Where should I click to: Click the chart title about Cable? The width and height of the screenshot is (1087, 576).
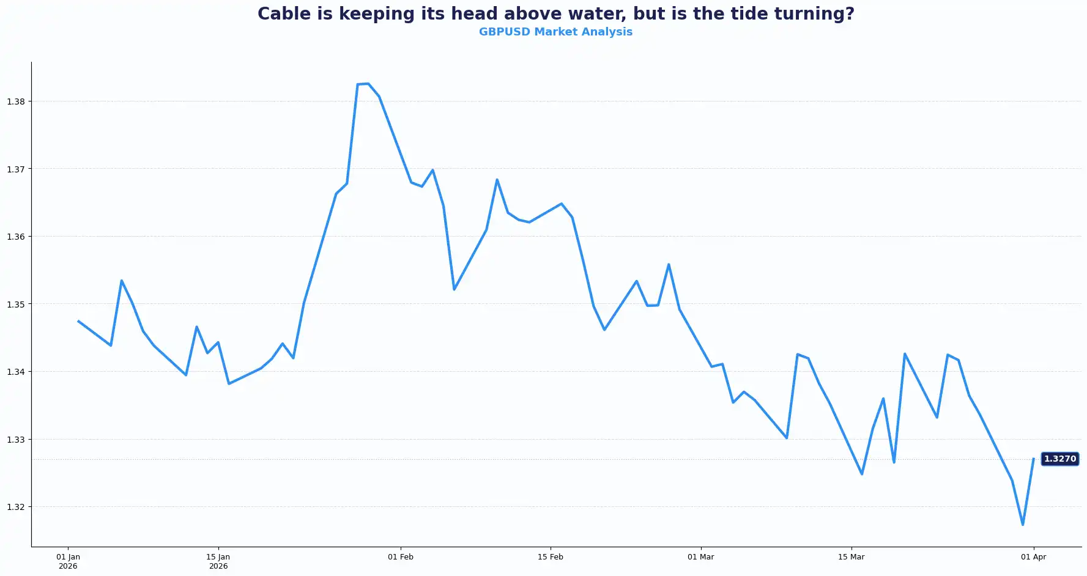pyautogui.click(x=555, y=13)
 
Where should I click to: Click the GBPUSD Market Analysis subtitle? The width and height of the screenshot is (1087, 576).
pyautogui.click(x=555, y=32)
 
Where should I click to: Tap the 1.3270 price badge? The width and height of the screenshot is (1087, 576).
pyautogui.click(x=1059, y=459)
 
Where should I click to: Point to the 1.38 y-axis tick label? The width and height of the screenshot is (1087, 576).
pyautogui.click(x=16, y=102)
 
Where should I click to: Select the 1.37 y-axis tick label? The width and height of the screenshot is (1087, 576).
pyautogui.click(x=16, y=169)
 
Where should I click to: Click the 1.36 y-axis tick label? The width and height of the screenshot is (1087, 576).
pyautogui.click(x=16, y=237)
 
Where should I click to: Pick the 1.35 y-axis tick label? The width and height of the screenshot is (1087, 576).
pyautogui.click(x=16, y=304)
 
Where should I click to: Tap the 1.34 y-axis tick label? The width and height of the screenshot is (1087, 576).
pyautogui.click(x=16, y=372)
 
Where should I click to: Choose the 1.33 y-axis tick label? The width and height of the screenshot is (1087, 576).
pyautogui.click(x=16, y=440)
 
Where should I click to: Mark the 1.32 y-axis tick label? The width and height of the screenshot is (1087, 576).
pyautogui.click(x=16, y=507)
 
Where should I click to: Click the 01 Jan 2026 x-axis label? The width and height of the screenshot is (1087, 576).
pyautogui.click(x=68, y=561)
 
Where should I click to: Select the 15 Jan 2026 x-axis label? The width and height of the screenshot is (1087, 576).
pyautogui.click(x=218, y=561)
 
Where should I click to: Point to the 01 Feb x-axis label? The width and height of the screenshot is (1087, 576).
pyautogui.click(x=401, y=557)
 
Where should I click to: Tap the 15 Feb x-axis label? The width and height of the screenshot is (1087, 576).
pyautogui.click(x=551, y=557)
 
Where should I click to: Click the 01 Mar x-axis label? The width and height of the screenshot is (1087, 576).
pyautogui.click(x=701, y=557)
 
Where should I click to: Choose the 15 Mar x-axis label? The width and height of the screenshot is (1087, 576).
pyautogui.click(x=851, y=557)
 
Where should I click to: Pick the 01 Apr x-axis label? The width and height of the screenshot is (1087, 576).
pyautogui.click(x=1033, y=557)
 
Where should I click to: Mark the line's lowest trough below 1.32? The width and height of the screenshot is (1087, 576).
pyautogui.click(x=1023, y=525)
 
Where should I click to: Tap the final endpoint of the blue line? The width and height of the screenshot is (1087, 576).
pyautogui.click(x=1033, y=459)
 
